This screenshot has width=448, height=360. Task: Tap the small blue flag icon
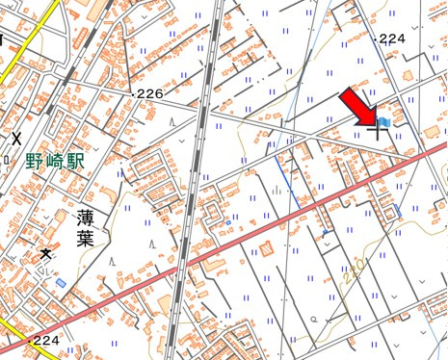(384, 122)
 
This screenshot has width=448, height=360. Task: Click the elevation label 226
(149, 93)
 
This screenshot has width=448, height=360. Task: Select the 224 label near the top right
(391, 39)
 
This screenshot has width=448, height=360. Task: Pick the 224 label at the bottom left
(46, 341)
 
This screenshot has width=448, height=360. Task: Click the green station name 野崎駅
(55, 162)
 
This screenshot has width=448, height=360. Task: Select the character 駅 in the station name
(76, 162)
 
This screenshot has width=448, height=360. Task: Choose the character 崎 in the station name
(55, 162)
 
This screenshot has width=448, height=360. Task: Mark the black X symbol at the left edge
(15, 138)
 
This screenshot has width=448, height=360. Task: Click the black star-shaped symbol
(45, 254)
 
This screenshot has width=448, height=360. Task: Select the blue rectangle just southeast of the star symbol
(62, 283)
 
